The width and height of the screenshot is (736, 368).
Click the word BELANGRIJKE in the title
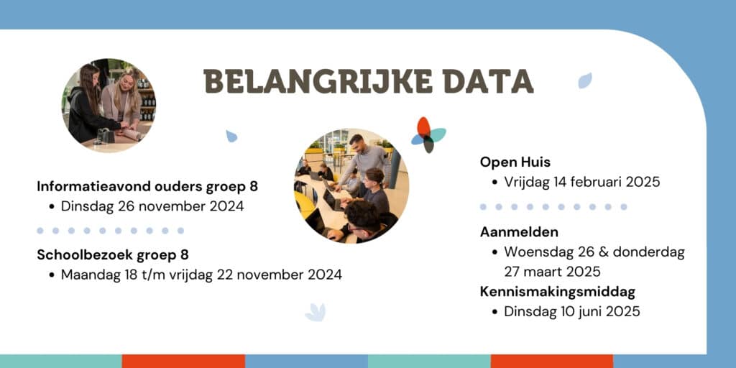click(x=318, y=81)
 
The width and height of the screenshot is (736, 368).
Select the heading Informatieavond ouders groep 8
click(x=147, y=186)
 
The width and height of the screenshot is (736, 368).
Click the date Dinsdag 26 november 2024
click(x=152, y=206)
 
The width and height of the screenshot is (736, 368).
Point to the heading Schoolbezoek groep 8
click(x=113, y=255)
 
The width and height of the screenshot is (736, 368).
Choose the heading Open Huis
click(x=515, y=162)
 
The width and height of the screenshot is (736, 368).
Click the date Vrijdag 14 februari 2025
click(x=582, y=182)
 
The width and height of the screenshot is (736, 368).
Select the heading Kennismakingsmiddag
click(x=558, y=292)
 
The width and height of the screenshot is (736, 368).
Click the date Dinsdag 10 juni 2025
click(x=571, y=312)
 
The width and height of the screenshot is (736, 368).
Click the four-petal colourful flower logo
click(x=428, y=134)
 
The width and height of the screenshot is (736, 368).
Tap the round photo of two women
click(x=109, y=105)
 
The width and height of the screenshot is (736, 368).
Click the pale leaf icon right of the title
click(x=585, y=80)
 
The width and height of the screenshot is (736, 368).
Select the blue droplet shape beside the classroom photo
click(x=231, y=136)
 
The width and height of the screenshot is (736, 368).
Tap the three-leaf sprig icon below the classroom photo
click(x=316, y=312)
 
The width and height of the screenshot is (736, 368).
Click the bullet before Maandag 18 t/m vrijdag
click(x=52, y=275)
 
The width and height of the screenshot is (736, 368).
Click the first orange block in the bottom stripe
click(x=183, y=361)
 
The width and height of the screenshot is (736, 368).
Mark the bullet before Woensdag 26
click(x=494, y=252)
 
